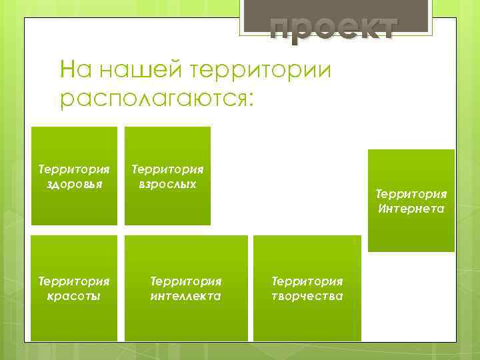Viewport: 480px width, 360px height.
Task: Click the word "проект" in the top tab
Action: coord(333,28)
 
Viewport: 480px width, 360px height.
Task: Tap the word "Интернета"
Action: coord(411,209)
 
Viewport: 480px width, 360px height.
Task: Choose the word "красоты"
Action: coord(74,296)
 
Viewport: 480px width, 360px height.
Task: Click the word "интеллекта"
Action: coord(186,296)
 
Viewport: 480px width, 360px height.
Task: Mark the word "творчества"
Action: coord(307,296)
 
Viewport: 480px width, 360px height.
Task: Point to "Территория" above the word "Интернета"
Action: coord(411,194)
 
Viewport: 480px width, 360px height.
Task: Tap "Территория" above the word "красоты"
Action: coord(74,282)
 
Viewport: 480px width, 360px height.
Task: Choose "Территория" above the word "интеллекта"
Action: coord(186,282)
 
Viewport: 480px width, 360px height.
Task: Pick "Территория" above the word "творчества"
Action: coord(307,282)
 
